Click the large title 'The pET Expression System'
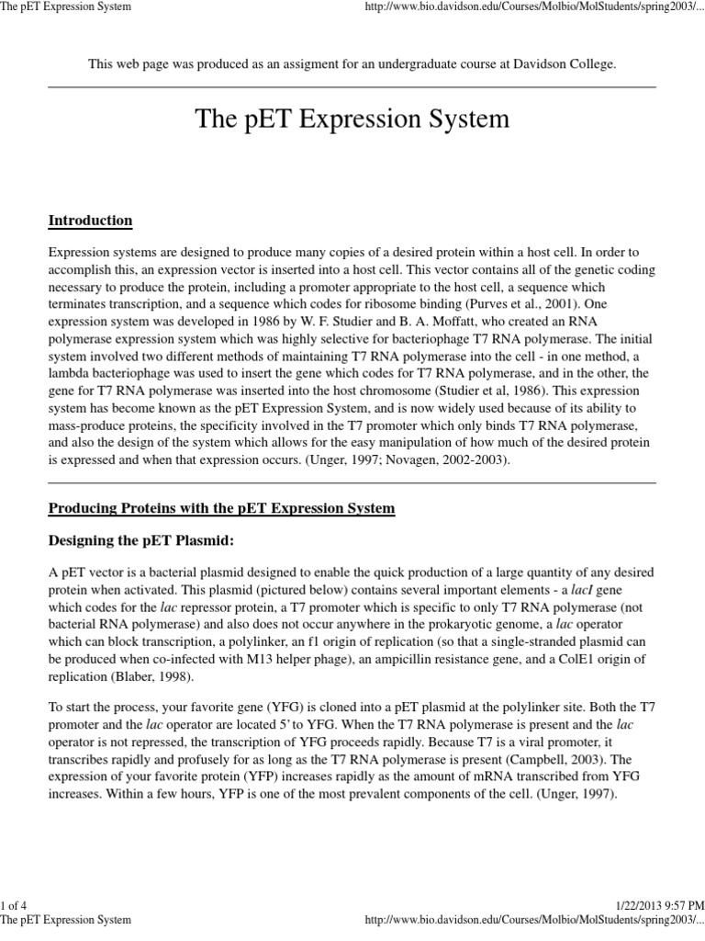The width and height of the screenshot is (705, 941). pos(352,120)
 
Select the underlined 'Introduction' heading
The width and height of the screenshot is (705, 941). pos(90,221)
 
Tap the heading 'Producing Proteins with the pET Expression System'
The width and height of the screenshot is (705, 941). pos(221,508)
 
